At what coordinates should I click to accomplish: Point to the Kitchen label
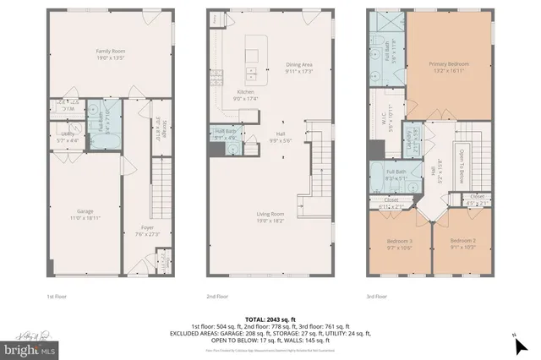pos(246,94)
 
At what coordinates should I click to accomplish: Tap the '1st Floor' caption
pos(56,297)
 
